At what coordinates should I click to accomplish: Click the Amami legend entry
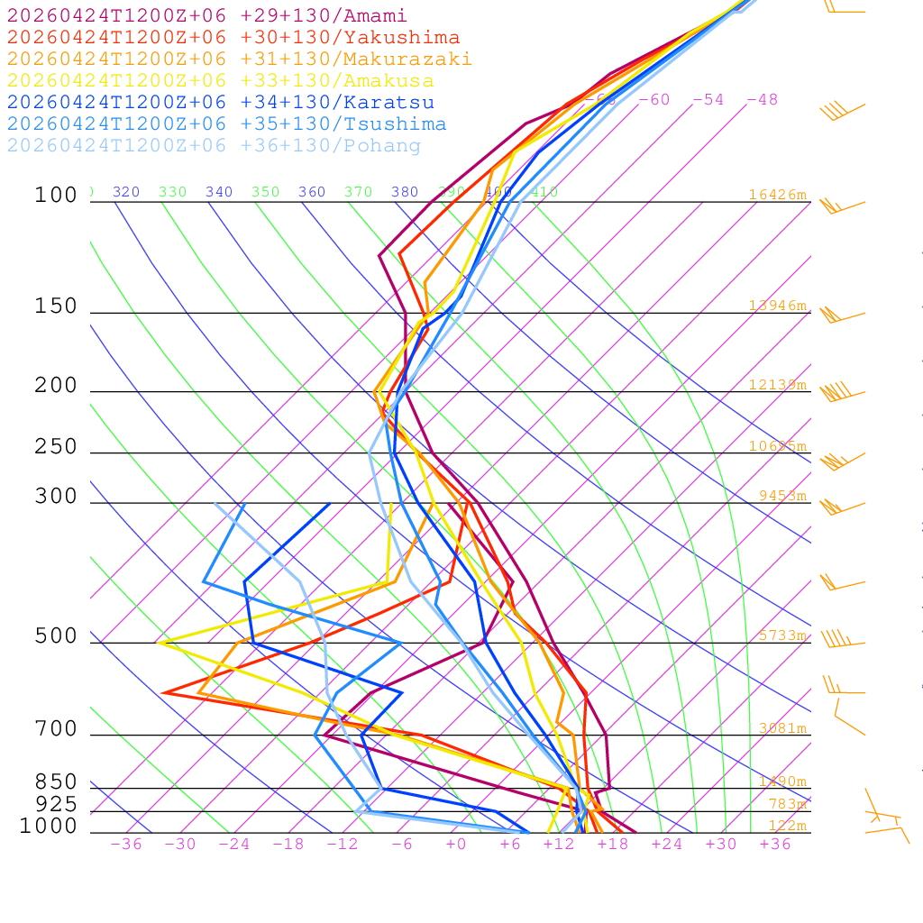point(207,16)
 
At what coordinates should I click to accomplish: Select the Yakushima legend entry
point(233,38)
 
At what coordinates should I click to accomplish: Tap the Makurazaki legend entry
point(240,59)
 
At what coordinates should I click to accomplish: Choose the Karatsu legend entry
point(221,103)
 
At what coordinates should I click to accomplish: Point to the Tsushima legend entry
point(227,124)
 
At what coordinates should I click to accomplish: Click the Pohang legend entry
point(215,146)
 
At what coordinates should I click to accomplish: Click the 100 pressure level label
point(56,195)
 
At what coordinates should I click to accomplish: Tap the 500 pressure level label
point(56,636)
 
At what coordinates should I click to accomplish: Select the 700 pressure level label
point(56,728)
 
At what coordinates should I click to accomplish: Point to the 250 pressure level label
point(56,447)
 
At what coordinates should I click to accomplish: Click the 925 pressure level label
point(56,804)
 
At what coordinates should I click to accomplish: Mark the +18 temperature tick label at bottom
point(613,845)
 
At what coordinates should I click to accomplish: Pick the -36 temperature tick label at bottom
point(126,845)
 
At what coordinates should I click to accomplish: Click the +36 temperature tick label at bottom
point(775,845)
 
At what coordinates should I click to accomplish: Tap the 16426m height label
point(777,195)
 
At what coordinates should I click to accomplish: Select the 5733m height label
point(781,635)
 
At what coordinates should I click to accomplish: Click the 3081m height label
point(781,728)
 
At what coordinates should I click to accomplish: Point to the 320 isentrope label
point(126,192)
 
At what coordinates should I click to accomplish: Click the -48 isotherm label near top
point(762,100)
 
